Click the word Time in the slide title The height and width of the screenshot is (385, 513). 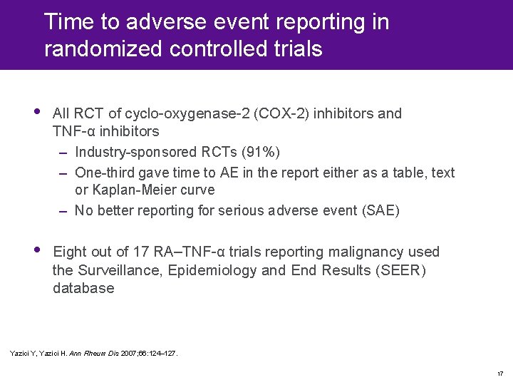coord(71,22)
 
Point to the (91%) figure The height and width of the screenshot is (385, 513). coord(261,153)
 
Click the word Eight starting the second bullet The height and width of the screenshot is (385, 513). coord(70,252)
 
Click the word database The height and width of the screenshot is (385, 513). coord(83,289)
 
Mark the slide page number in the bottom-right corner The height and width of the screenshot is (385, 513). coord(500,374)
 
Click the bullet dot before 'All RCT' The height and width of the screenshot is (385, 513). coord(37,112)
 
